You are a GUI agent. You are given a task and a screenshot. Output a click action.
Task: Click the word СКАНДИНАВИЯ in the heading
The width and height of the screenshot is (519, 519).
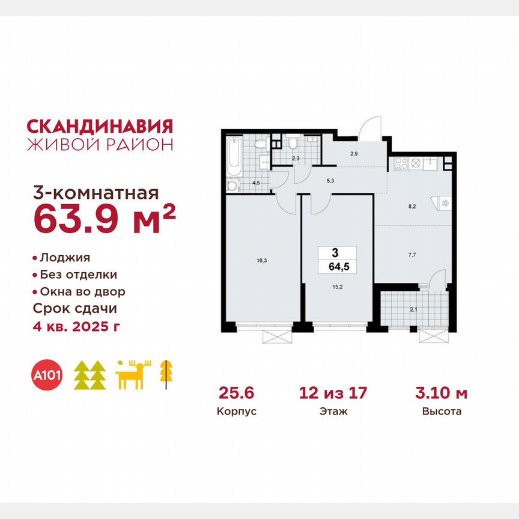(100, 126)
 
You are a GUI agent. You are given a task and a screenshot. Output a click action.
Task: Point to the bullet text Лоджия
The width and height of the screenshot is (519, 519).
(64, 258)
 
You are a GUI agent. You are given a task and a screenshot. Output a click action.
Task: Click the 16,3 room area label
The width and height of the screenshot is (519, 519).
(261, 261)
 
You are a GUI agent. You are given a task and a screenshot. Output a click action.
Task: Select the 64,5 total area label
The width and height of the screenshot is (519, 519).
(338, 265)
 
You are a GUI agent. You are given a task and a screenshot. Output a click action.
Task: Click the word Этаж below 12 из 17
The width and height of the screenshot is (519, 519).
(333, 412)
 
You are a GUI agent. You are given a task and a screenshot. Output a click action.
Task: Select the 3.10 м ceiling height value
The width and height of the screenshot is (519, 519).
(442, 393)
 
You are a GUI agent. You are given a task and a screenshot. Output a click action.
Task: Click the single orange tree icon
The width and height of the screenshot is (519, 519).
(164, 374)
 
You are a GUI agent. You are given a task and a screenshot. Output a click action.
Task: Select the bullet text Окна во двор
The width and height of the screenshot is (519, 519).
(82, 291)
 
